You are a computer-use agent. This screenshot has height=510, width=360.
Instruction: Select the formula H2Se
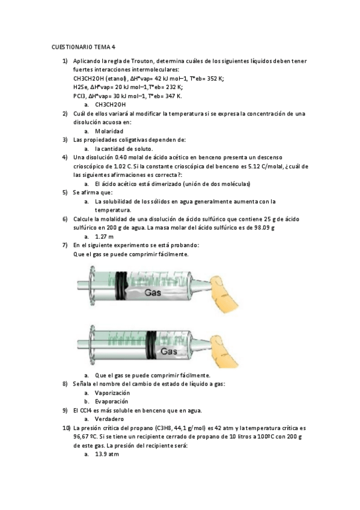coord(81,87)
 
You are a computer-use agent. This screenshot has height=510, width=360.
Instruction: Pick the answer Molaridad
coord(109,131)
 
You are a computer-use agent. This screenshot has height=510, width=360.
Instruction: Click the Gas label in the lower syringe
coord(171,350)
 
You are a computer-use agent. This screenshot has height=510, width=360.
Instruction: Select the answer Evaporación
coord(111,401)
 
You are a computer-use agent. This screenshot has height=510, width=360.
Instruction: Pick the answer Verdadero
coord(109,419)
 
